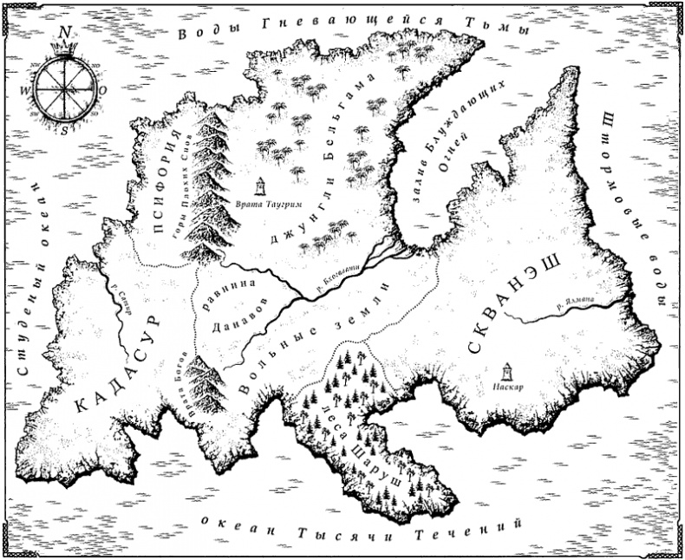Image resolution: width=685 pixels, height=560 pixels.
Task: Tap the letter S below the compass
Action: [x=64, y=130]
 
